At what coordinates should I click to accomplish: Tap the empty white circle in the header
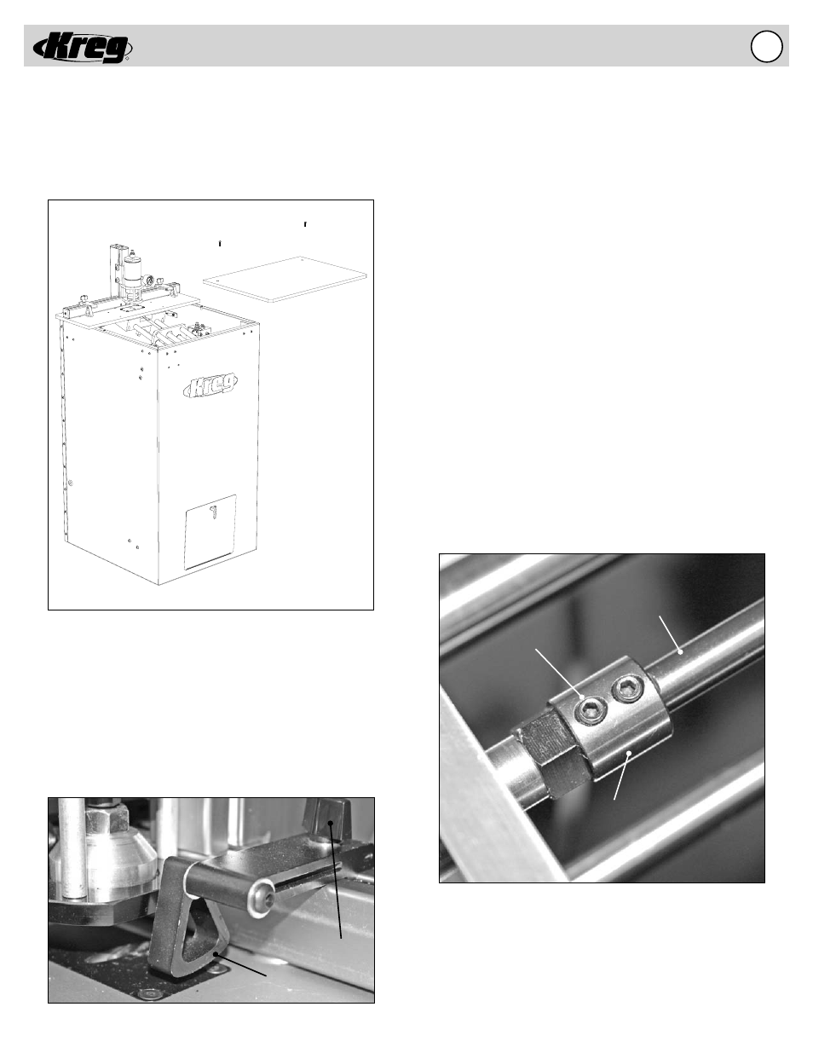(x=766, y=46)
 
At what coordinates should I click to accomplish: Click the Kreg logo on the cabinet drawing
(x=210, y=385)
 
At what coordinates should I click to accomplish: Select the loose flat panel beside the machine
(x=285, y=279)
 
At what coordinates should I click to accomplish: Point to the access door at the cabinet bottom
(x=210, y=531)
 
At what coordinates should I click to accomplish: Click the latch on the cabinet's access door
(x=212, y=512)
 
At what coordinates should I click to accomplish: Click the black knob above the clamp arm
(x=327, y=822)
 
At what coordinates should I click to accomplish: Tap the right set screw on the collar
(x=626, y=689)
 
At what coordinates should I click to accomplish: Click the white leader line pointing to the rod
(x=670, y=634)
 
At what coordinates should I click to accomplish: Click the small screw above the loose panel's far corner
(x=305, y=224)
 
